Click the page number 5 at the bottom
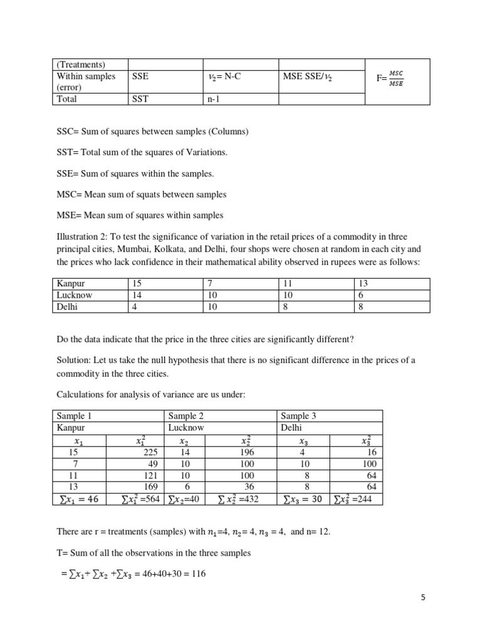point(423,598)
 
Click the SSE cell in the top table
point(141,76)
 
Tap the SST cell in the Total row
point(141,99)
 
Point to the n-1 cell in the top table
point(215,99)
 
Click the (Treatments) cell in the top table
point(81,65)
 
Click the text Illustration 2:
point(82,237)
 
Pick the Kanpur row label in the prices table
point(71,284)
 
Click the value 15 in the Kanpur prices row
point(137,284)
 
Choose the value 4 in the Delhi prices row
point(135,308)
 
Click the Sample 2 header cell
point(186,416)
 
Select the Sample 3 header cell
point(298,416)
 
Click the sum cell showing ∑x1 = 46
point(78,500)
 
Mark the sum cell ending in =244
point(355,500)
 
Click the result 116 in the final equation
point(197,573)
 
